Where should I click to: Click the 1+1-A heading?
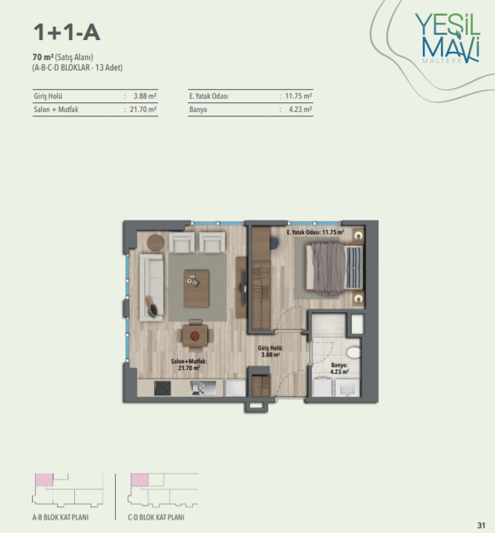coord(67,33)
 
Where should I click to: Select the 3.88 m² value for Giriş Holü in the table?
coord(145,96)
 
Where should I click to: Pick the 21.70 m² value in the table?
coord(143,110)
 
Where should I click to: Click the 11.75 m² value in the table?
coord(298,96)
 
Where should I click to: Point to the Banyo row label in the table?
coord(198,110)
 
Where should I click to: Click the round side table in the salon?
coord(155,242)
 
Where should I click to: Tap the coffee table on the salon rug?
coord(197,288)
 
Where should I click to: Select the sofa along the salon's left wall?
coord(151,287)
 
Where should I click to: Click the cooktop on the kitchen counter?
coord(163,388)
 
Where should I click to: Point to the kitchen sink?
coord(203,388)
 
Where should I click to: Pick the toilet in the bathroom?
coord(353,352)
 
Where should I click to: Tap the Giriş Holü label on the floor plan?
coord(270,351)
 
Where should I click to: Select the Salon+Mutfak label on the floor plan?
coord(189,365)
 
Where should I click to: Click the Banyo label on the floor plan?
coord(339,368)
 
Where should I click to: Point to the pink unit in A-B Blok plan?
coord(45,480)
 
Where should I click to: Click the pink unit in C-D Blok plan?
coord(140,480)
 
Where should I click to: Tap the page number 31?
coord(481,525)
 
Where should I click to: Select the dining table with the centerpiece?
coord(195,336)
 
